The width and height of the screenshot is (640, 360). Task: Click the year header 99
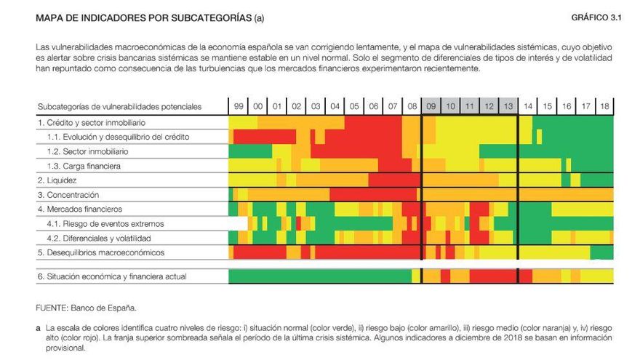click(239, 107)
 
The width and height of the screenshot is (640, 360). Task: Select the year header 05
click(354, 107)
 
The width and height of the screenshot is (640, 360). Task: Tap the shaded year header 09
click(431, 107)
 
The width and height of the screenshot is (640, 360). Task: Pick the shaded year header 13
click(508, 107)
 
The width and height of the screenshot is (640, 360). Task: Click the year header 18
click(604, 107)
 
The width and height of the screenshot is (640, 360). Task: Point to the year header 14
click(527, 107)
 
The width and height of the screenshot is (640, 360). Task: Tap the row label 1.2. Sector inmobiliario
click(87, 151)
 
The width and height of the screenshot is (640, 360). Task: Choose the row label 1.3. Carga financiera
click(84, 166)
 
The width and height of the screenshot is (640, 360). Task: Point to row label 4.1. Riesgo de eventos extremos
click(105, 223)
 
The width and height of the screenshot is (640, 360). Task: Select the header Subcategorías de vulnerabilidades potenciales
click(119, 107)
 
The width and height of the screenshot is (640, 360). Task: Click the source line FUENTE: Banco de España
click(86, 308)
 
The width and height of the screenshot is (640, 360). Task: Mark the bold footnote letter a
click(38, 329)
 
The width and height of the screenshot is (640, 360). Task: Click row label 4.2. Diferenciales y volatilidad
click(99, 238)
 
